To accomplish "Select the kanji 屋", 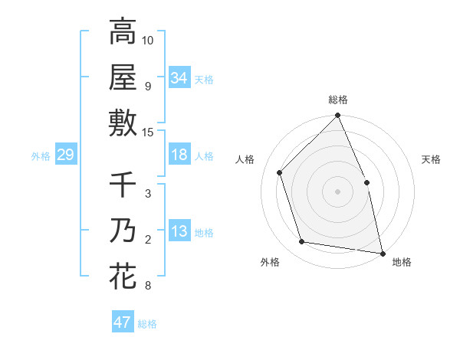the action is tap(123, 77).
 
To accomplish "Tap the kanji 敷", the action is tap(123, 123).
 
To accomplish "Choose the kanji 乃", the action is tap(123, 231).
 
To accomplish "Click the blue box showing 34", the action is tap(179, 77).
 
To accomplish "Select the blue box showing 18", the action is tap(179, 155).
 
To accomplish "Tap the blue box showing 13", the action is tap(179, 232).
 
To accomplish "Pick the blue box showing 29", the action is tap(65, 155).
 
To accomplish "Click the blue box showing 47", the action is tap(122, 322).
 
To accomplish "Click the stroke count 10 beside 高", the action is tap(148, 40).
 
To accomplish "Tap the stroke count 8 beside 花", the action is tap(147, 286).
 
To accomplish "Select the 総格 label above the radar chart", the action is tap(337, 100).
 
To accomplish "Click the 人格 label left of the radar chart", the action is tap(246, 159).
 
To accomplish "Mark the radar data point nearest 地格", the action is tap(382, 253).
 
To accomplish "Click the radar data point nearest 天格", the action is tap(366, 182).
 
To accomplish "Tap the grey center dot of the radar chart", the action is tap(337, 191).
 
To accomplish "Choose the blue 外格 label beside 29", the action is tap(41, 156).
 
